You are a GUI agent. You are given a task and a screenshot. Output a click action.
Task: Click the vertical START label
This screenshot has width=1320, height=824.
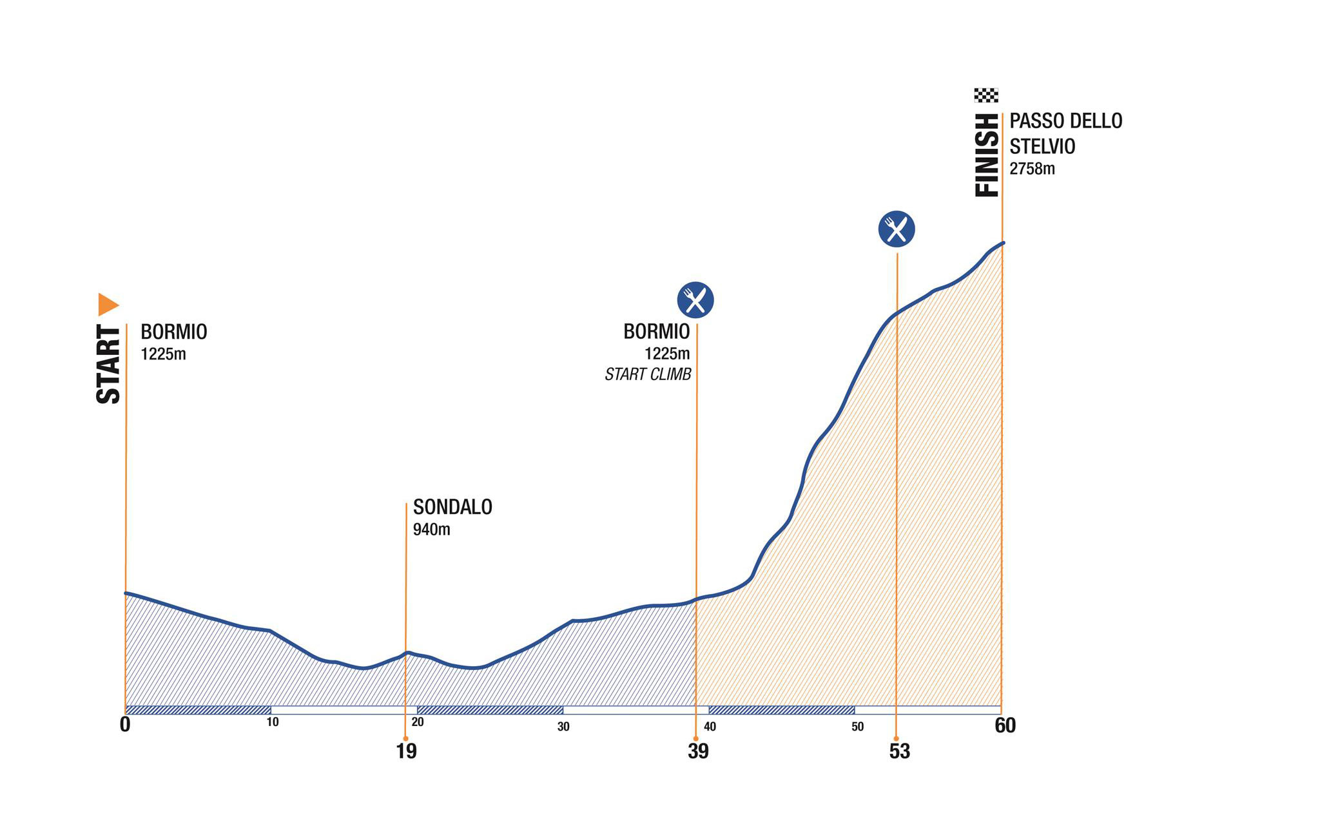coord(108,365)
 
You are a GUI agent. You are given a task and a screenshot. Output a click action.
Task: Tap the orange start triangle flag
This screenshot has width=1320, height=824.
coord(108,304)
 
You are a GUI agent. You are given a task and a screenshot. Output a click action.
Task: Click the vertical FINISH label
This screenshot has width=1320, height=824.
coord(987,155)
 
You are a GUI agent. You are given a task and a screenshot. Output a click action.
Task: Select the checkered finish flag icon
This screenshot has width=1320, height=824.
coord(986,95)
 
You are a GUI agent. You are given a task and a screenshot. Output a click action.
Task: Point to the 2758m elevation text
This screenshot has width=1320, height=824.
coord(1032,169)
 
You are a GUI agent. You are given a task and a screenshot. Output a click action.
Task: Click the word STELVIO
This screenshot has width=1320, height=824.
coord(1042,147)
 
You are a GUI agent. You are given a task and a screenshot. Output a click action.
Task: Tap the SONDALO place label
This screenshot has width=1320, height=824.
coord(452,508)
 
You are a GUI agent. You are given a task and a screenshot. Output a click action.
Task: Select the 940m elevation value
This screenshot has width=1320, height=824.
coord(431,530)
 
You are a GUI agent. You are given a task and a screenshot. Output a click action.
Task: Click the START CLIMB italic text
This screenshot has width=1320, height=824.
coord(648,375)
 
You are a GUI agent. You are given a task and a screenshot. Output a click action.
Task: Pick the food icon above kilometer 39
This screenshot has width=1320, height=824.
coord(695,300)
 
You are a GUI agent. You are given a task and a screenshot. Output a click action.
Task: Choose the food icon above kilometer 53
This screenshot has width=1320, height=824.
coord(897,229)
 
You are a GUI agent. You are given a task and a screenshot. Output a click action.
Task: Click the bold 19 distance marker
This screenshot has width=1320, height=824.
coord(406,751)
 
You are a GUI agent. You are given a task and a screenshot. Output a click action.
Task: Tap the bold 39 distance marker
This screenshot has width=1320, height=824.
coord(698,751)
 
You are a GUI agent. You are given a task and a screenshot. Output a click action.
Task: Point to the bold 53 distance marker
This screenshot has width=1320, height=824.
coord(899,751)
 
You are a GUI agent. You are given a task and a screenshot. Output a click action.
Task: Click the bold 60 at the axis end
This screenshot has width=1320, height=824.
coord(1005,726)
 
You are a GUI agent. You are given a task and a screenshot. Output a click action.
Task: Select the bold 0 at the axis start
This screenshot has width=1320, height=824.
coord(125,725)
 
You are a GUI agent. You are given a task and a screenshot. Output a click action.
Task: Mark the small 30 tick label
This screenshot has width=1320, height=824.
coord(563,727)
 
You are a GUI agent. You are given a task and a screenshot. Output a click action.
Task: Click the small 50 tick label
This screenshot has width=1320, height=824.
coord(857,727)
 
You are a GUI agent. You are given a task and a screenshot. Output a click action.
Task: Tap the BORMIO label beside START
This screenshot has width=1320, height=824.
coord(174,332)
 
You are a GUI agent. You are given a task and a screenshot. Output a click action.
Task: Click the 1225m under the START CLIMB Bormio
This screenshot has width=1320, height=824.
coord(667,354)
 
